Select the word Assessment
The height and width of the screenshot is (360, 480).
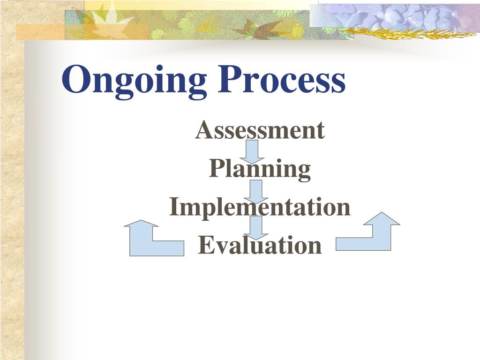[260, 130]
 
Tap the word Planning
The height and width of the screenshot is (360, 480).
[260, 169]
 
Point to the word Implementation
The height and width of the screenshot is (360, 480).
[260, 207]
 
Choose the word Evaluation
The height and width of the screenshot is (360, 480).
[260, 245]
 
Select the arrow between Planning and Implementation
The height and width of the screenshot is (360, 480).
[256, 191]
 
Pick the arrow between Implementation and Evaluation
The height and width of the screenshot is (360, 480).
[256, 227]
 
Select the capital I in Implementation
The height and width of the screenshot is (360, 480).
[174, 207]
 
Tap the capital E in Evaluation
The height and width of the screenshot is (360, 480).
[205, 245]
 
